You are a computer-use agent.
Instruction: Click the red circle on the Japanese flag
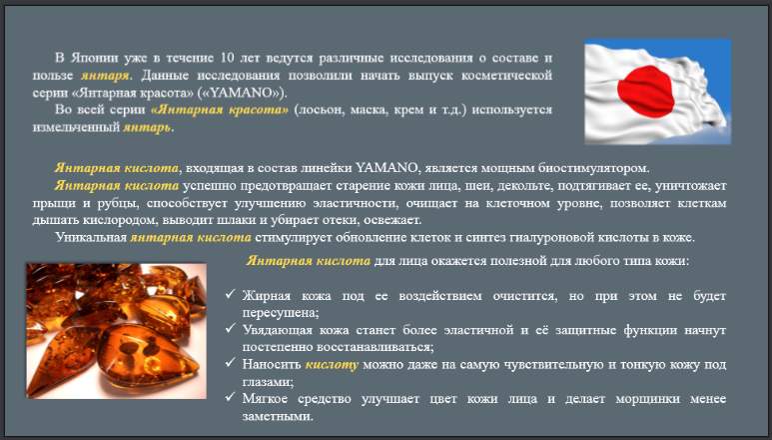646,91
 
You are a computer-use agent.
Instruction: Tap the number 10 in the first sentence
228,58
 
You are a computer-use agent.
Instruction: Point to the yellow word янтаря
106,76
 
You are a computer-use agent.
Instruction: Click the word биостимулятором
594,169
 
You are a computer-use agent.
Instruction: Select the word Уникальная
91,237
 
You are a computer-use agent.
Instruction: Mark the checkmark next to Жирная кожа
230,294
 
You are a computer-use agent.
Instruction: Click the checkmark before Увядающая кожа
230,328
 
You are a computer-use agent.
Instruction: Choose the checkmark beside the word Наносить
230,362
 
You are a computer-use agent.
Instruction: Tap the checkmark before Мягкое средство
230,396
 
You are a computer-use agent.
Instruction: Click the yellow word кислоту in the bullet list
332,365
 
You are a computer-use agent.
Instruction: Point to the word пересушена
281,313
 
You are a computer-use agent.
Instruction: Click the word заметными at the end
278,416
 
